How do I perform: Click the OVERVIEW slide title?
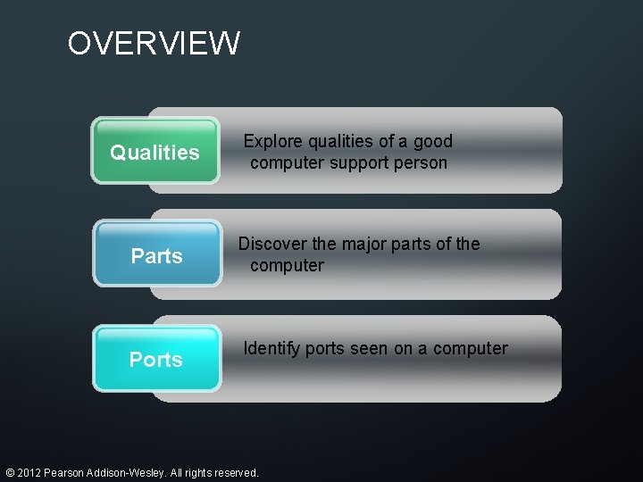pyautogui.click(x=154, y=43)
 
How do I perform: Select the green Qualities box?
pyautogui.click(x=155, y=152)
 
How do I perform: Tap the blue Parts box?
pyautogui.click(x=157, y=255)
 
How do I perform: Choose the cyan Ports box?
pyautogui.click(x=156, y=359)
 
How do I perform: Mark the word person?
pyautogui.click(x=422, y=162)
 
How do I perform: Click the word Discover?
pyautogui.click(x=273, y=244)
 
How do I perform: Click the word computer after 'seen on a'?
pyautogui.click(x=470, y=348)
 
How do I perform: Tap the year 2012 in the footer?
pyautogui.click(x=29, y=472)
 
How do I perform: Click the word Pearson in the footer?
pyautogui.click(x=66, y=472)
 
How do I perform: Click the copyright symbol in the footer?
pyautogui.click(x=9, y=472)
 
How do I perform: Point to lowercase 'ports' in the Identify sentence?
pyautogui.click(x=325, y=348)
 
